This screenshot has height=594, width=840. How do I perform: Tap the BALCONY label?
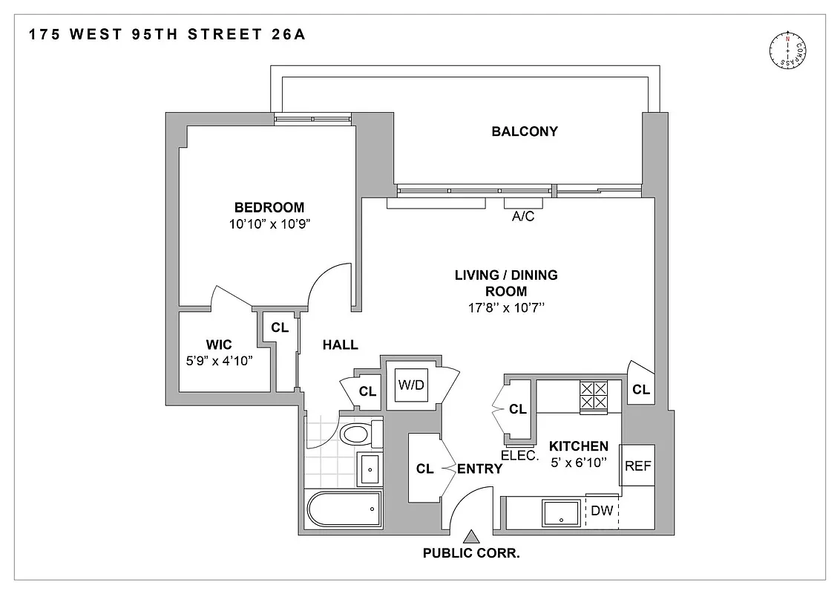525,132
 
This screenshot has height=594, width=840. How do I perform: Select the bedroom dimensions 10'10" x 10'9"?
269,223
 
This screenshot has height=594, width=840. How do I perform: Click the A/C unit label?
523,218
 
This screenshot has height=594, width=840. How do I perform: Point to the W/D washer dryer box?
412,385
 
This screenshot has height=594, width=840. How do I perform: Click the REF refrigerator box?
637,466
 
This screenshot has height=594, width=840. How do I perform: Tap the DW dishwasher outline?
602,511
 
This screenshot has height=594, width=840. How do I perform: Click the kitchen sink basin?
561,512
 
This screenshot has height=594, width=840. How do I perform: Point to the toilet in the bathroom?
359,434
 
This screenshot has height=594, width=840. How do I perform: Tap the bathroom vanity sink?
369,468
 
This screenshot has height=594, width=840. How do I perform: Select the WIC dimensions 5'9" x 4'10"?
220,361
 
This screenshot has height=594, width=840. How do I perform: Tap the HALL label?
340,345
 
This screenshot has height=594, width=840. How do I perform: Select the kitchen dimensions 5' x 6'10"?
579,462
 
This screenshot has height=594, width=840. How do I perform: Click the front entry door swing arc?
463,506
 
